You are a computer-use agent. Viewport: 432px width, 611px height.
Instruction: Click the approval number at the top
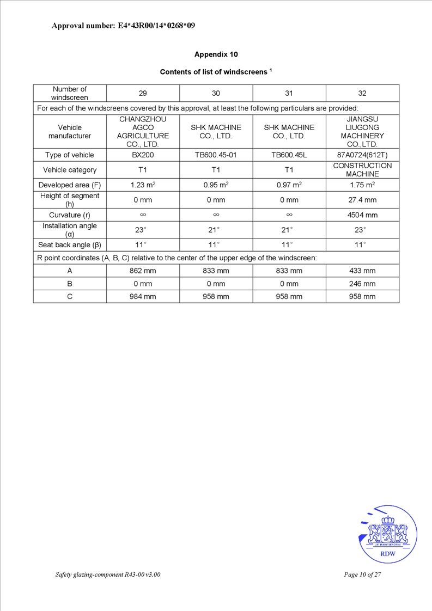coord(123,26)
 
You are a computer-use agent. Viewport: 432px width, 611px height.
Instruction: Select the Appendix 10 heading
coord(216,54)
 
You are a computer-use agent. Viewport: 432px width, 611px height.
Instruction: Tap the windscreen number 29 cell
coord(143,93)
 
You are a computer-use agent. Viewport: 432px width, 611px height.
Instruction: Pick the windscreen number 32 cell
coord(362,93)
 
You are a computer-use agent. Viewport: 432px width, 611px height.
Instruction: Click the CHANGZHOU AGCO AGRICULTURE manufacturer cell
coord(143,131)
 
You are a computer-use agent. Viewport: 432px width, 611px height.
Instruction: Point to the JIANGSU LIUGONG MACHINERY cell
coord(362,131)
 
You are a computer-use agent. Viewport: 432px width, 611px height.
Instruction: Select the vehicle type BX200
coord(143,155)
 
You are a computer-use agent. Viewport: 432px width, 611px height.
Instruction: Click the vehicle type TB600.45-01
coord(216,155)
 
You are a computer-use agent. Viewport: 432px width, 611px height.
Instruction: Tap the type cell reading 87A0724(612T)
coord(362,155)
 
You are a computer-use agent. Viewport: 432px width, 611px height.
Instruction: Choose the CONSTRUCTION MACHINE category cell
coord(362,170)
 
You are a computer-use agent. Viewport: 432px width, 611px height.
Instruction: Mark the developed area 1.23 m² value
coord(143,185)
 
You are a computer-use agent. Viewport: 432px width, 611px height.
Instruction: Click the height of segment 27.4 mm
coord(362,200)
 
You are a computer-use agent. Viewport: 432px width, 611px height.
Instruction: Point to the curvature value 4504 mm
coord(362,215)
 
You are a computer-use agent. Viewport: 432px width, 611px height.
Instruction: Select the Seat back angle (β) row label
coord(70,245)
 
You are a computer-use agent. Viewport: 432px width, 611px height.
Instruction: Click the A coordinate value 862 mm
coord(143,271)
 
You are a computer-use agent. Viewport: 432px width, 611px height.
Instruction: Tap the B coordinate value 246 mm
coord(362,284)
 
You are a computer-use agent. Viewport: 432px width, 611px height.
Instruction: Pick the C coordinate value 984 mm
coord(143,297)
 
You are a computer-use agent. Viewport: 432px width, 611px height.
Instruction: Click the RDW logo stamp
coord(388,535)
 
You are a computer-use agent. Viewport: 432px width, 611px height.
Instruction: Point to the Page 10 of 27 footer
coord(362,575)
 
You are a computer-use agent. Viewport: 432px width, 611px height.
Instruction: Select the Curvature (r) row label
coord(70,215)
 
